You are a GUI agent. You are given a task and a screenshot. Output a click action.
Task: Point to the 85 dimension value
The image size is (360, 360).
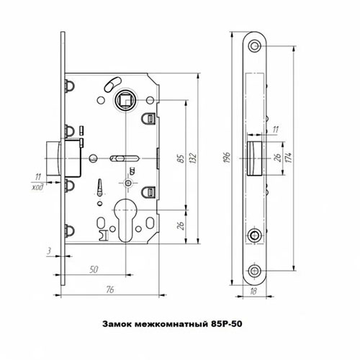(177, 156)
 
